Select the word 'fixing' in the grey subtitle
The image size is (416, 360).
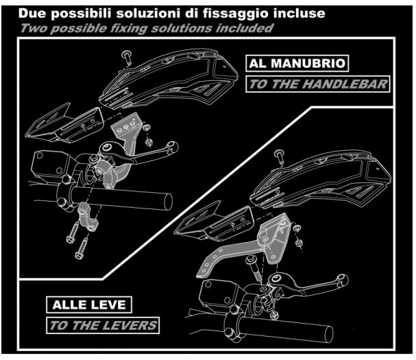[128, 29]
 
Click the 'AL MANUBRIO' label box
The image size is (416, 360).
[297, 63]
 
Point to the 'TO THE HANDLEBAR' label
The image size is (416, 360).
[317, 84]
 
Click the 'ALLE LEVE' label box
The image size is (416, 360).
[89, 304]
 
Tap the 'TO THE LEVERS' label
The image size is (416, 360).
[103, 326]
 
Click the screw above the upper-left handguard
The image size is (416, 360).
[127, 58]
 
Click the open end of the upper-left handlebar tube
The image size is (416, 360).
[168, 201]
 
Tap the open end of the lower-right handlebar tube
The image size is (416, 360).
[329, 335]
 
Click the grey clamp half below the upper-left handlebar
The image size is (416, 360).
[88, 217]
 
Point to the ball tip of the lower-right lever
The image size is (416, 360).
[342, 279]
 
